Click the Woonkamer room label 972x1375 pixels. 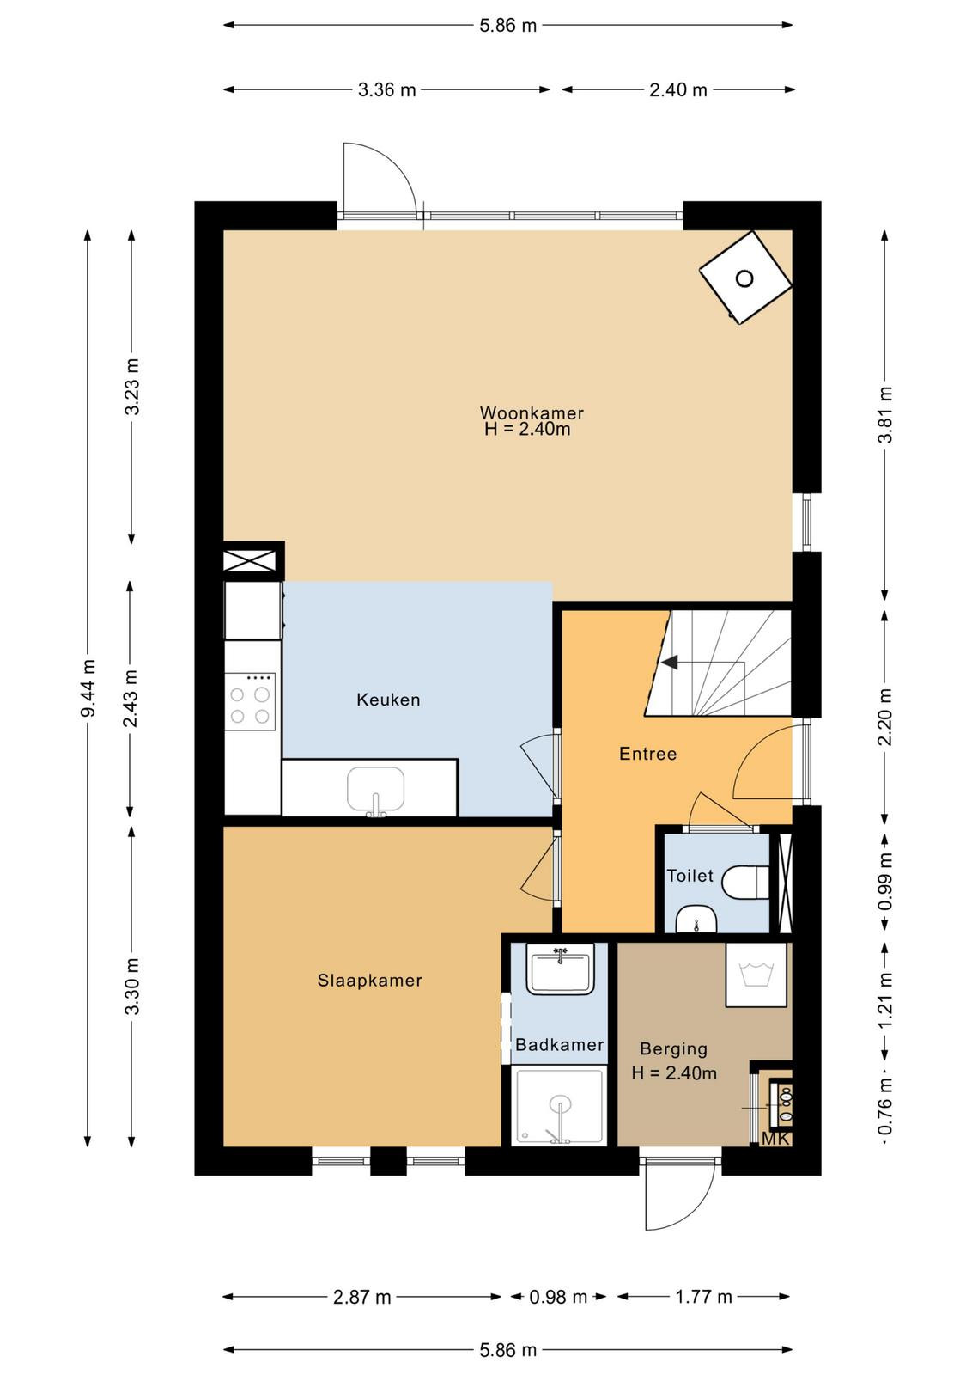click(531, 412)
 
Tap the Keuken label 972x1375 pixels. click(388, 700)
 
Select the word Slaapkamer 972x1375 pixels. click(370, 981)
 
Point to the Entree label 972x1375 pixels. click(647, 754)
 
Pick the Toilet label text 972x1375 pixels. click(690, 876)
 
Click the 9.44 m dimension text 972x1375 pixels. click(88, 688)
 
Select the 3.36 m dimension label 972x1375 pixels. click(387, 90)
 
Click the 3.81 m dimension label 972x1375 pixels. click(885, 415)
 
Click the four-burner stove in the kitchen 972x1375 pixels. click(250, 701)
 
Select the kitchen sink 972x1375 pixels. click(376, 790)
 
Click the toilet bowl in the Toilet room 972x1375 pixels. click(745, 882)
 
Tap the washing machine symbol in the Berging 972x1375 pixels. click(756, 975)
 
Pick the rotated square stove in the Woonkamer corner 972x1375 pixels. click(745, 278)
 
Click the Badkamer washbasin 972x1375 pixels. click(560, 969)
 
